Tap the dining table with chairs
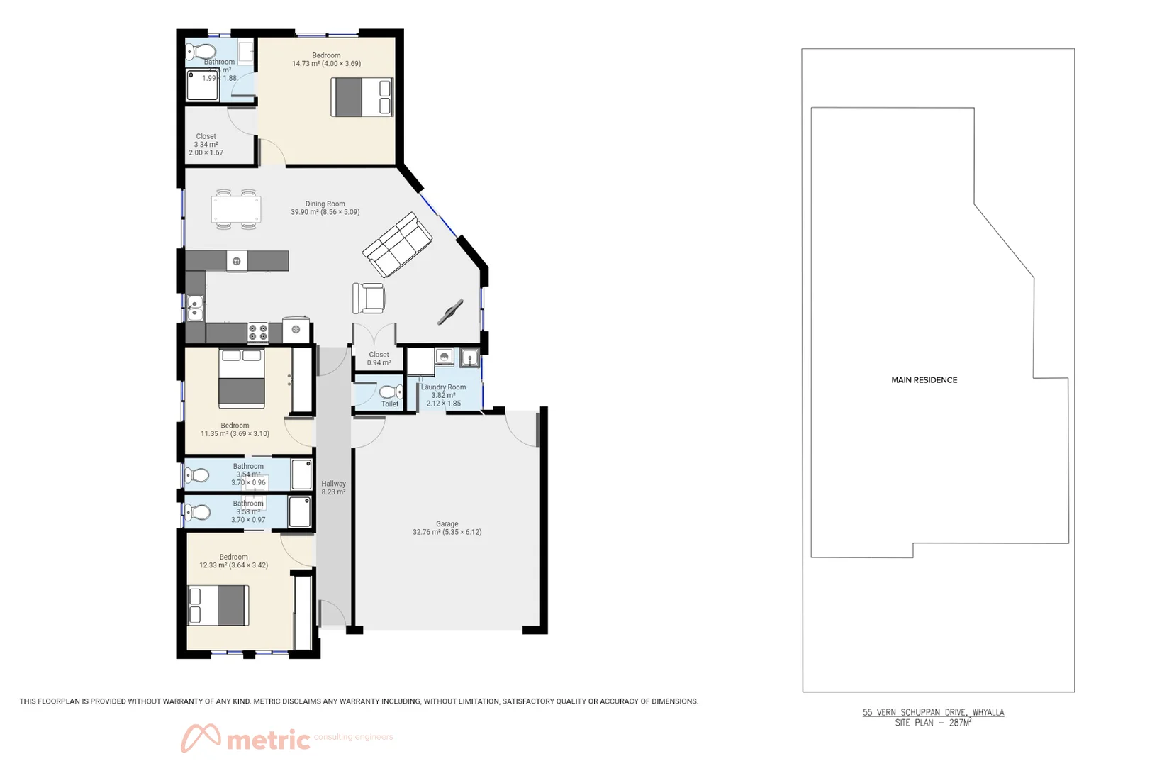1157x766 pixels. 235,210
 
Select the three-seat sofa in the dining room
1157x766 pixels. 397,245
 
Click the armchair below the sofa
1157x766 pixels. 369,298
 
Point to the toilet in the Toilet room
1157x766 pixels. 389,392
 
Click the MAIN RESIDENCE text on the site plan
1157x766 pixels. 924,380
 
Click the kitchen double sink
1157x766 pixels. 194,308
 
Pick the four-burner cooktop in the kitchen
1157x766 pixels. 257,331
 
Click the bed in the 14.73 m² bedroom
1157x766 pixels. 362,97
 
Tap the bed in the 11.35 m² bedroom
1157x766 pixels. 241,379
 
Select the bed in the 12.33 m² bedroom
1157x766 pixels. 218,605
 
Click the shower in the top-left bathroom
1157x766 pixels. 202,85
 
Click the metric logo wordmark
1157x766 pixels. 268,740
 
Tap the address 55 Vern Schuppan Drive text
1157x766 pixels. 933,712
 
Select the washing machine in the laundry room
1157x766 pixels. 444,357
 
